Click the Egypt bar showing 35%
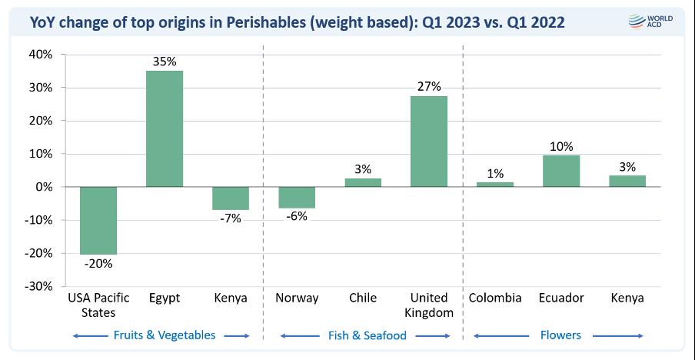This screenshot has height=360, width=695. tap(165, 128)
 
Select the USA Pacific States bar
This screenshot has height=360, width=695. tap(98, 220)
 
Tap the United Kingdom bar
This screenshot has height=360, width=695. tap(428, 142)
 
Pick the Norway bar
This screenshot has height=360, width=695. tap(296, 197)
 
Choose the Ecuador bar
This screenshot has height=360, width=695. tap(560, 171)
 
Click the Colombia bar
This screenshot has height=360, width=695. tap(495, 185)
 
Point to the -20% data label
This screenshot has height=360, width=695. tap(98, 264)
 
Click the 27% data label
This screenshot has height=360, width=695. tap(428, 85)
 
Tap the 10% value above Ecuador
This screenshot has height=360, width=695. tap(560, 145)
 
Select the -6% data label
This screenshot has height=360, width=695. tap(296, 217)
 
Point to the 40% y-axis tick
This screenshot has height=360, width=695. tap(40, 55)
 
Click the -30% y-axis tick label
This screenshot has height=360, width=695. tap(38, 286)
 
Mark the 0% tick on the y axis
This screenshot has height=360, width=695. tap(43, 187)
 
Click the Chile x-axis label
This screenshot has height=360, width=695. tap(362, 298)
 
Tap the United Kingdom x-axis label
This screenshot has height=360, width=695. tap(428, 305)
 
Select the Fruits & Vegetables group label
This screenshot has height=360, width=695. tap(164, 335)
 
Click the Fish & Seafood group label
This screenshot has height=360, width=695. tap(364, 335)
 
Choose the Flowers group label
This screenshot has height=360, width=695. tap(560, 335)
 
